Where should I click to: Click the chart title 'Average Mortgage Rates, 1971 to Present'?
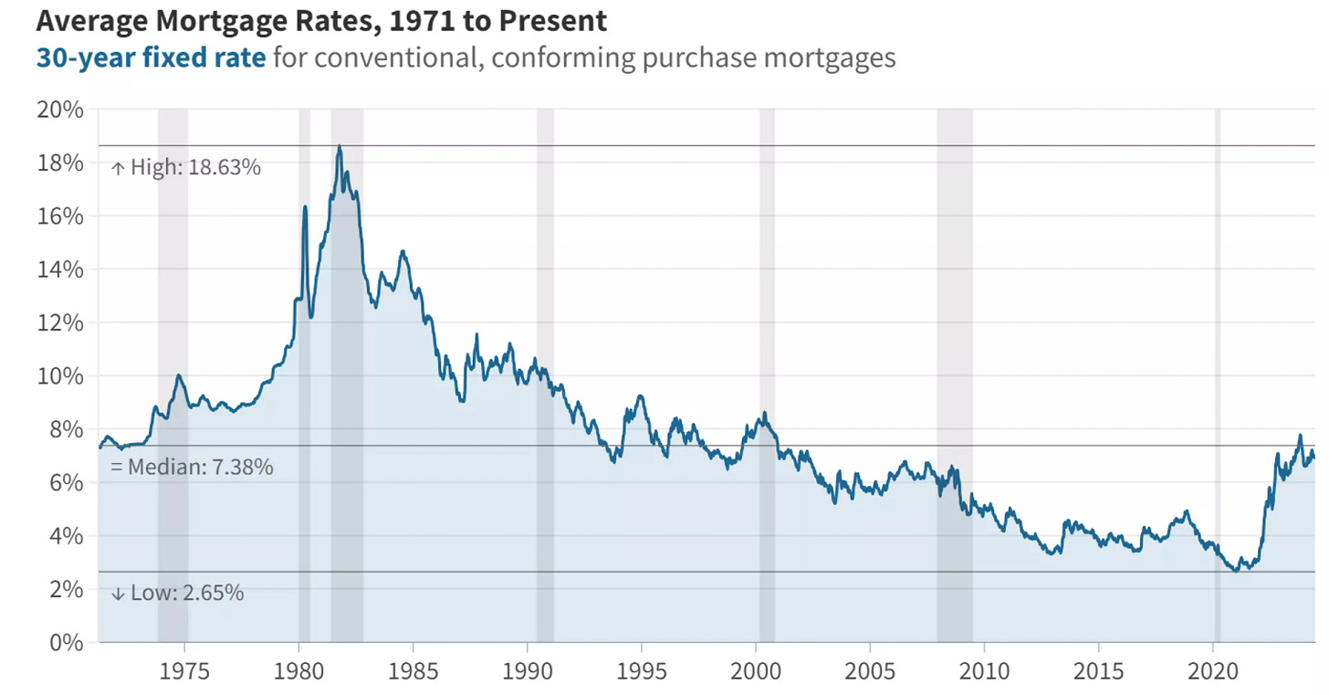321,20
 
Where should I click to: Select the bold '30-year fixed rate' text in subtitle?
152,58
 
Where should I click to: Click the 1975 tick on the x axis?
184,672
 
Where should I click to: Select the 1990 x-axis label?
528,672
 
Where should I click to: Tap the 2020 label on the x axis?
1213,672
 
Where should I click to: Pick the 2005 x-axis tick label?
870,672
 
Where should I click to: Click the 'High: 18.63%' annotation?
186,167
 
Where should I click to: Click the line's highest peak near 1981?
340,146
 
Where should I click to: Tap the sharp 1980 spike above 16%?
305,207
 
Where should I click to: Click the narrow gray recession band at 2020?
1217,365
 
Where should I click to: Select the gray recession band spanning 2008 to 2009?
955,365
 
